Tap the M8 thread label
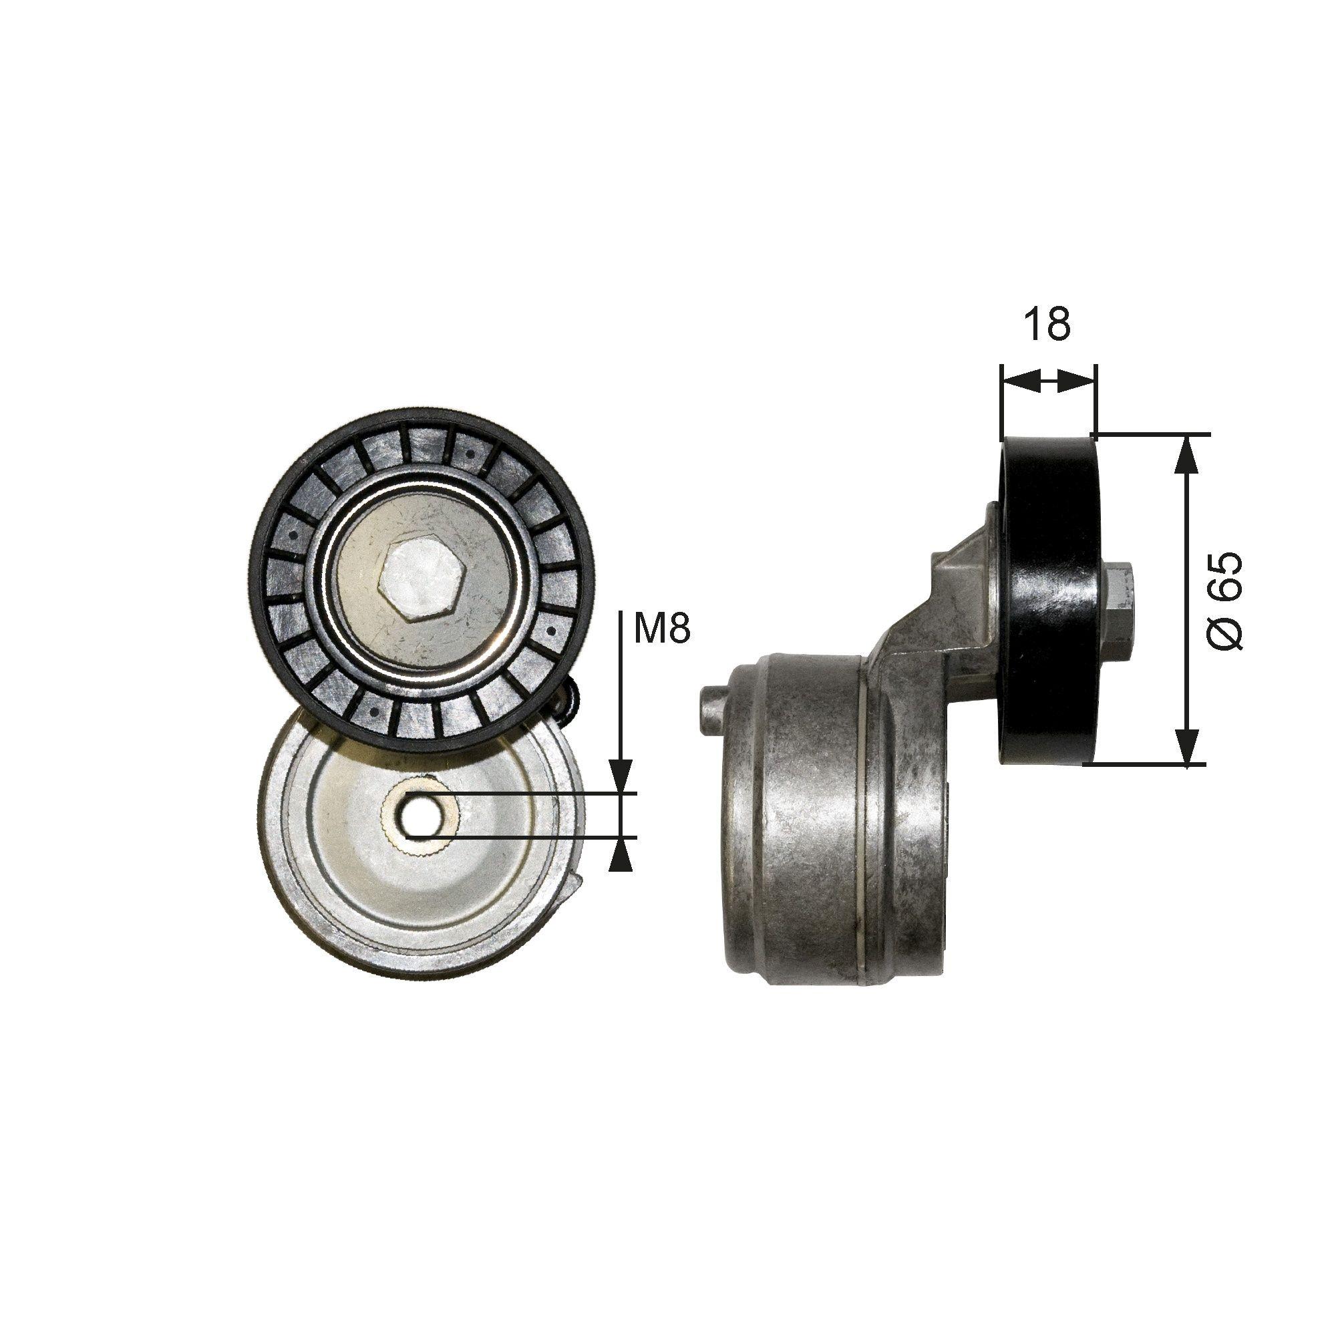pyautogui.click(x=662, y=629)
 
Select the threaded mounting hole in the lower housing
pyautogui.click(x=417, y=816)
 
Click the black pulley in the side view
pyautogui.click(x=1047, y=601)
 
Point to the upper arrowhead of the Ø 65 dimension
pyautogui.click(x=1187, y=454)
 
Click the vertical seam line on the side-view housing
pyautogui.click(x=864, y=816)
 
